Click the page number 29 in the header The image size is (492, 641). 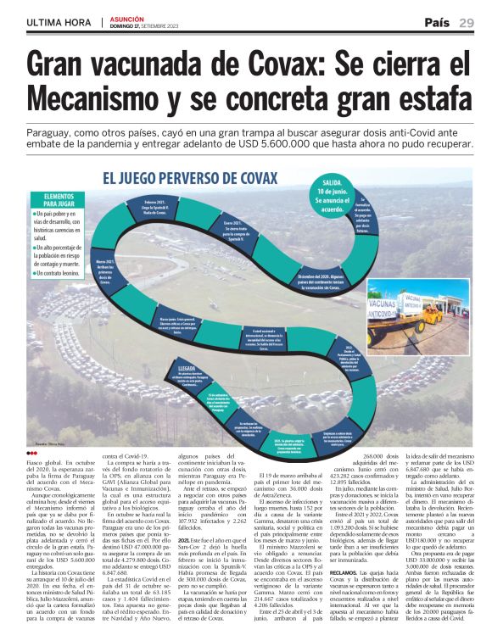pyautogui.click(x=466, y=23)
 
